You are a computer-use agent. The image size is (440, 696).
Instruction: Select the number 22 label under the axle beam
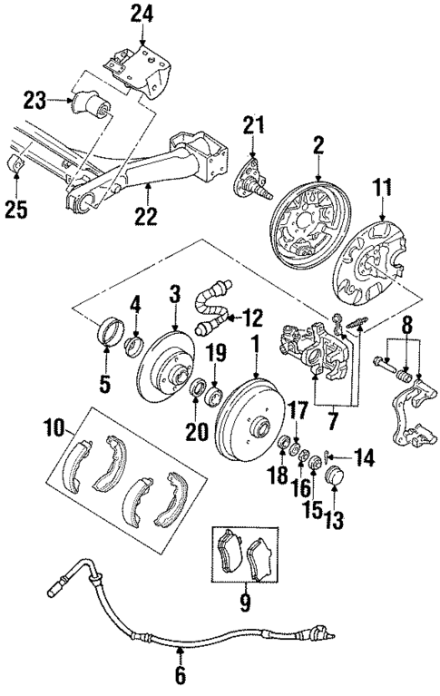point(146,216)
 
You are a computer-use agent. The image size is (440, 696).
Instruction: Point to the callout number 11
point(382,191)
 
